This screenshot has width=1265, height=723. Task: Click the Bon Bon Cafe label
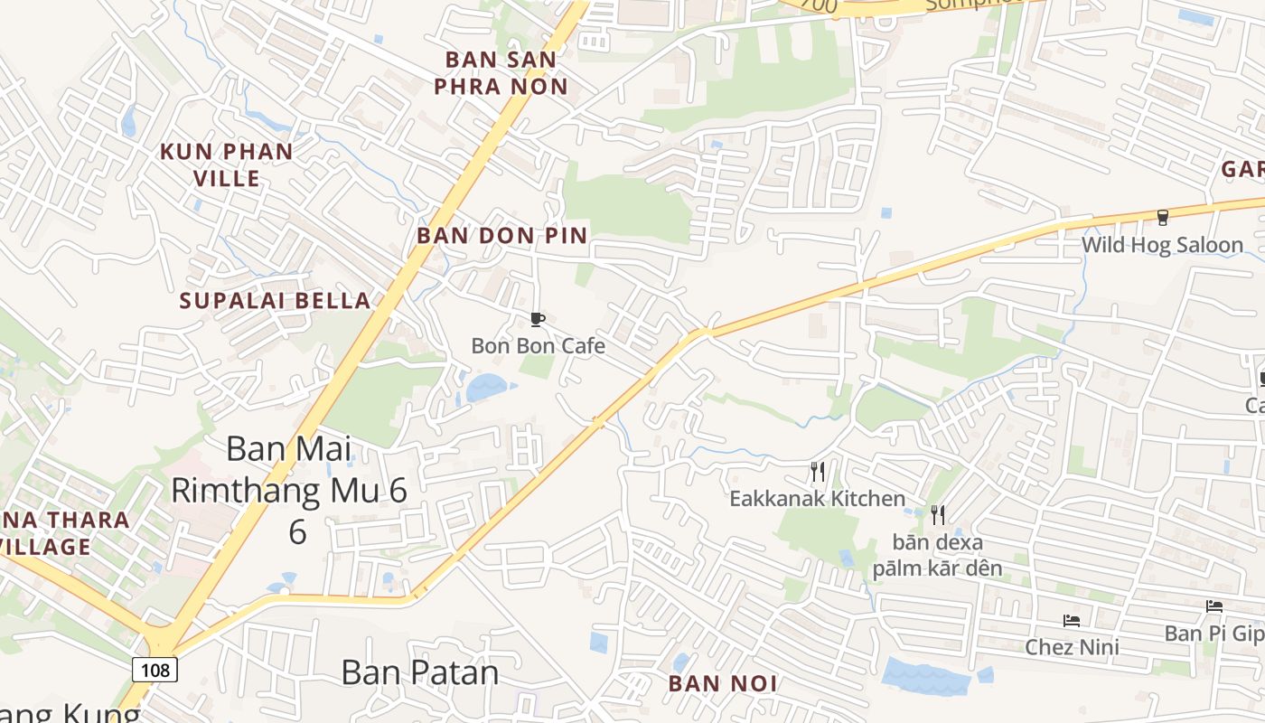tap(538, 345)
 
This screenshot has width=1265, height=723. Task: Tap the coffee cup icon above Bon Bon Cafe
tap(537, 319)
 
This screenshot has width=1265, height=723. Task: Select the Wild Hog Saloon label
tap(1162, 245)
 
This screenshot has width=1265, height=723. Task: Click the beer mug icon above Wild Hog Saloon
tap(1163, 218)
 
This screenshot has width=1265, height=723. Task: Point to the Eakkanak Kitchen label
tap(817, 498)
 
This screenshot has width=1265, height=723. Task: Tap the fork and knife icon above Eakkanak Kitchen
tap(818, 471)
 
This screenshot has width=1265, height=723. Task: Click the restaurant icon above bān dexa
tap(938, 515)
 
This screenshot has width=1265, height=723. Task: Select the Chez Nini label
tap(1072, 647)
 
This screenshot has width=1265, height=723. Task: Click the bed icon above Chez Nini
tap(1072, 621)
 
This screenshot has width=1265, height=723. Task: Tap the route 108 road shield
tap(155, 670)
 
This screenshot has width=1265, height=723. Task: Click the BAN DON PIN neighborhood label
tap(501, 236)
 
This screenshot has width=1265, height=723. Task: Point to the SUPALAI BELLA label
tap(276, 301)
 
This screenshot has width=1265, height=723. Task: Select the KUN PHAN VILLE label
tap(227, 164)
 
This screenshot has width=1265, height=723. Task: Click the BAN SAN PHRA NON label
tap(501, 73)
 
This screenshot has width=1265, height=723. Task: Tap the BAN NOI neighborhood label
tap(723, 683)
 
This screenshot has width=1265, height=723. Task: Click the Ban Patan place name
tap(420, 672)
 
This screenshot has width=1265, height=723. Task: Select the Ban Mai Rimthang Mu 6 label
tap(289, 489)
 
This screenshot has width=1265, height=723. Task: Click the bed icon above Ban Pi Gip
tap(1213, 606)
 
